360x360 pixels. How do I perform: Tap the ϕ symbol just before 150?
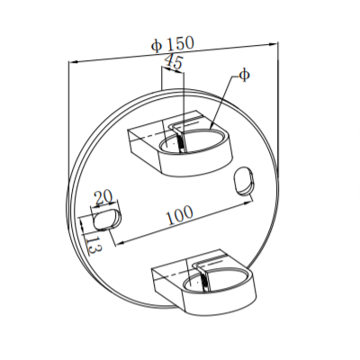click(x=157, y=45)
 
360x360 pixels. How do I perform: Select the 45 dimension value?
click(x=173, y=62)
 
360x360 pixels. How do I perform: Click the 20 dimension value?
click(x=102, y=197)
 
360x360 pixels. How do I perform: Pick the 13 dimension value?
click(x=92, y=244)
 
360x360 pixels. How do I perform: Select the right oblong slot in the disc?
click(x=244, y=179)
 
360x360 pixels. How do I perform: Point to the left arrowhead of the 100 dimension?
click(x=118, y=239)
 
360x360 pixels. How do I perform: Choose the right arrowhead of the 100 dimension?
click(x=250, y=202)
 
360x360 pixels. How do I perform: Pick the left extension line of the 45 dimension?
click(x=160, y=81)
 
